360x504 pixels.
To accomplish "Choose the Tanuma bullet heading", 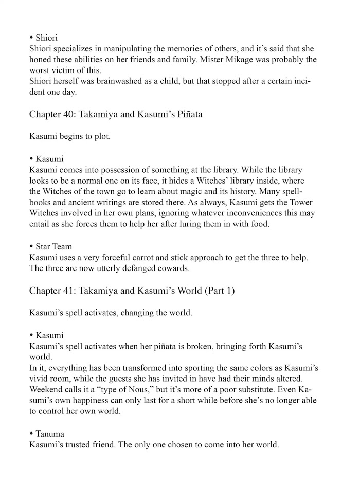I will coord(50,434).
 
